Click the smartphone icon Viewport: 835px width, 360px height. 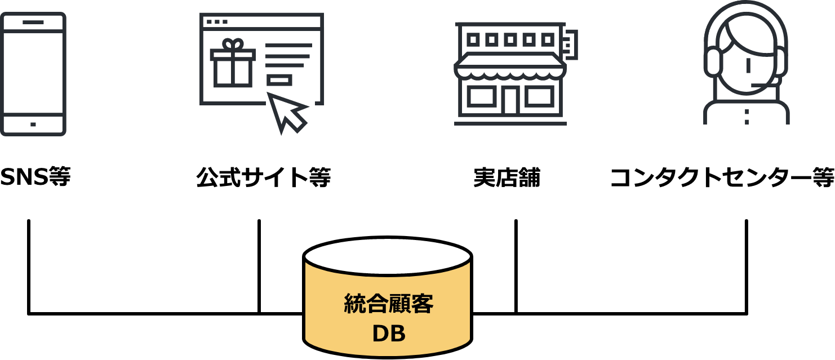pyautogui.click(x=33, y=74)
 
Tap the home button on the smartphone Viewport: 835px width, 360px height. pyautogui.click(x=33, y=124)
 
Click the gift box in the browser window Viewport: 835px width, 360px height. pyautogui.click(x=233, y=63)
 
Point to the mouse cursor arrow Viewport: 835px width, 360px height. pyautogui.click(x=287, y=112)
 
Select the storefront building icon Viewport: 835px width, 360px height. pyautogui.click(x=516, y=74)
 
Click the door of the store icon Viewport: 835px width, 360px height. pyautogui.click(x=510, y=101)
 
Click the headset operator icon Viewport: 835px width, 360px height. pyautogui.click(x=746, y=63)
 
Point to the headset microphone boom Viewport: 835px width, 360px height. pyautogui.click(x=764, y=84)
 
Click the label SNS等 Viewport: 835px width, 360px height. pyautogui.click(x=35, y=177)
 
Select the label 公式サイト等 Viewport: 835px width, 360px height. pyautogui.click(x=264, y=177)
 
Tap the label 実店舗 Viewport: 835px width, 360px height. pyautogui.click(x=507, y=177)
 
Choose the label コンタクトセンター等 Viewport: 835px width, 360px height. pyautogui.click(x=722, y=177)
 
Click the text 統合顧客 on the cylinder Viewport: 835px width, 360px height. pyautogui.click(x=388, y=304)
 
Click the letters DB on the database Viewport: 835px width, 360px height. pyautogui.click(x=389, y=334)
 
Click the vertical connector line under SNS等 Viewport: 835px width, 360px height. pyautogui.click(x=29, y=266)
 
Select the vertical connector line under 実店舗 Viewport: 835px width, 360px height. pyautogui.click(x=516, y=266)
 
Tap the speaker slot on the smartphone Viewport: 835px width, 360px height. pyautogui.click(x=33, y=23)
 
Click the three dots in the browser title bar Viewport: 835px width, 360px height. pyautogui.click(x=217, y=21)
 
